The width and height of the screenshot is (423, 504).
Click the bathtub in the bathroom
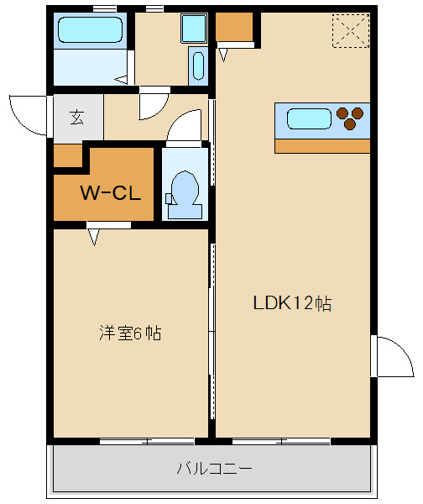click(91, 29)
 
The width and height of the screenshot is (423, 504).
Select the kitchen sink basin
click(309, 118)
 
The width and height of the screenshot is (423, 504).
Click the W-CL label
click(111, 193)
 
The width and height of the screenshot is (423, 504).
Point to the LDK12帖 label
click(292, 302)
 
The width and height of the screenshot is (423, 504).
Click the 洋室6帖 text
click(130, 333)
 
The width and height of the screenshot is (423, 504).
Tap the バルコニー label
click(215, 469)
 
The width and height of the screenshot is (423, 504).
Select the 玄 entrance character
click(77, 117)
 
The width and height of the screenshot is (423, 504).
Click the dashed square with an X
click(351, 31)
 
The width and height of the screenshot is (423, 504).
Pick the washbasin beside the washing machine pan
click(198, 66)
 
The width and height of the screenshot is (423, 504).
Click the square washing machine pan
click(194, 29)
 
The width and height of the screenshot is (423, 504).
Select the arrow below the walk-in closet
click(94, 237)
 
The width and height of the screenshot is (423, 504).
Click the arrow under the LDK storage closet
click(223, 55)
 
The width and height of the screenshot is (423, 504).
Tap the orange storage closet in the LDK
click(234, 27)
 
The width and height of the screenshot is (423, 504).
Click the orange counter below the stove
click(322, 146)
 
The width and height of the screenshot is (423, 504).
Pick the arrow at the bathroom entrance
click(121, 80)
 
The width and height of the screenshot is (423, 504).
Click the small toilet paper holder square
click(169, 198)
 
